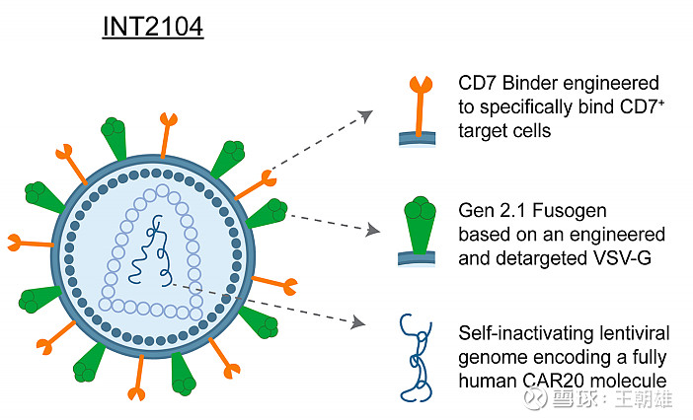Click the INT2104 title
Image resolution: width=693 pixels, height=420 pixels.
click(x=153, y=26)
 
